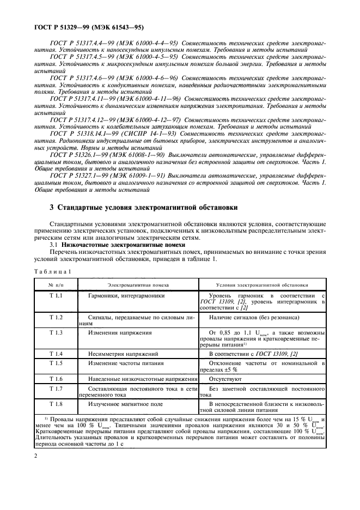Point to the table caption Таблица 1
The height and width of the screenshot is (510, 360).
pos(52,271)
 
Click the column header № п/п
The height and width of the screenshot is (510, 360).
pos(56,284)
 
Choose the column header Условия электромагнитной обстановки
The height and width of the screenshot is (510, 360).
pos(263,284)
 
